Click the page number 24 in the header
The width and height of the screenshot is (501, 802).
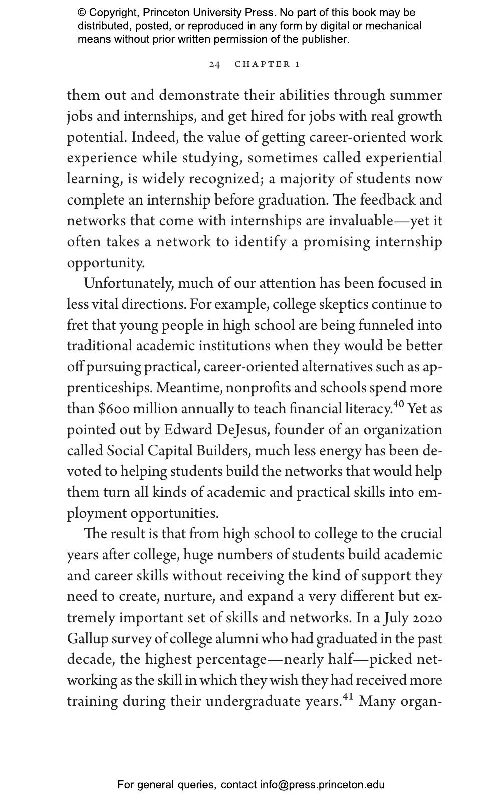215,64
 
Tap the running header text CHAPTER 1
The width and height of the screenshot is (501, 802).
267,64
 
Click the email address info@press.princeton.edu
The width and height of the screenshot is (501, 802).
322,785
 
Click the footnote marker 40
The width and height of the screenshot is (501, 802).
399,405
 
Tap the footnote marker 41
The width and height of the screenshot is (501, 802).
348,697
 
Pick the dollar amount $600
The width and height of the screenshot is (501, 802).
114,409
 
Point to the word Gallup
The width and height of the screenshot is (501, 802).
87,639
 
